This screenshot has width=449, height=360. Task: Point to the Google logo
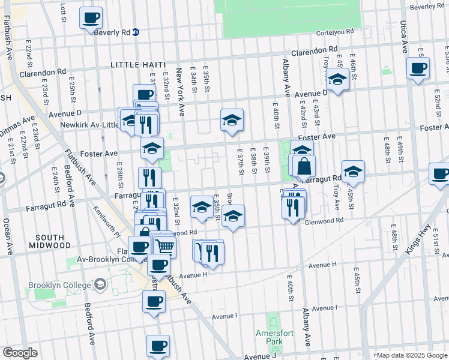[x=20, y=353]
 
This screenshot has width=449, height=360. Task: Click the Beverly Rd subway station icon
[x=136, y=32]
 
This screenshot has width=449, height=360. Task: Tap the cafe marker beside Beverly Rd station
[x=91, y=18]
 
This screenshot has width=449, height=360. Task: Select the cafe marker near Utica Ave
[x=418, y=68]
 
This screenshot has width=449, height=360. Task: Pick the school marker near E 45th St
[x=353, y=172]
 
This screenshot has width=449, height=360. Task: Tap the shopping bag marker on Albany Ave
[x=304, y=166]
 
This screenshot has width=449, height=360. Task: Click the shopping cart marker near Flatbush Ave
[x=164, y=245]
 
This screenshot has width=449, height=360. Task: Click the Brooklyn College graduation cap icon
[x=100, y=284]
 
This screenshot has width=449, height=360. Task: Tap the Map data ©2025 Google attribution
[x=411, y=355]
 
